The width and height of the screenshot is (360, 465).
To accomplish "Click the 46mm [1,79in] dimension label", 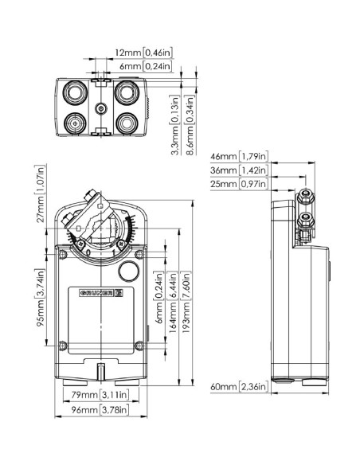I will (x=238, y=156).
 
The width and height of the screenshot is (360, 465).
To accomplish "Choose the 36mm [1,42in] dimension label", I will (x=238, y=170).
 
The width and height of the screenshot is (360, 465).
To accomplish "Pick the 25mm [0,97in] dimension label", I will (x=238, y=184).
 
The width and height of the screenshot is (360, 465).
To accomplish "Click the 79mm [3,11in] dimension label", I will (x=95, y=395).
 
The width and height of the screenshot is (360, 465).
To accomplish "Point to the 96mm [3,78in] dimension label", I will (x=94, y=412).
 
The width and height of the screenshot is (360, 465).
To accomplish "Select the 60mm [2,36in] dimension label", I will (x=240, y=387).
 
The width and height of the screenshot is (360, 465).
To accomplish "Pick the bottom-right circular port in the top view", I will (x=126, y=123).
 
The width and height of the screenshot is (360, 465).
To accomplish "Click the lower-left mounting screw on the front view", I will (x=63, y=345).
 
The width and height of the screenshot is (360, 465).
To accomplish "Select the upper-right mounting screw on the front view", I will (x=140, y=255).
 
